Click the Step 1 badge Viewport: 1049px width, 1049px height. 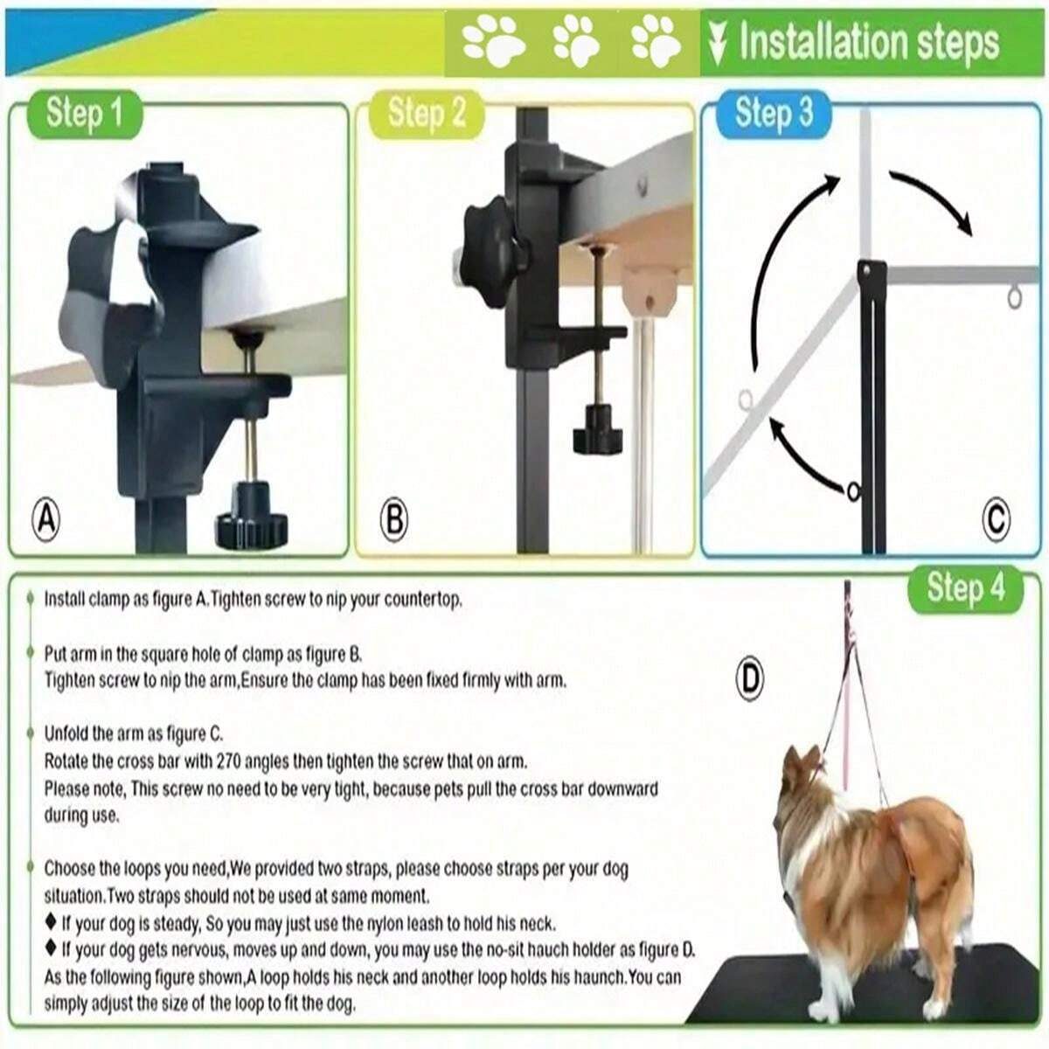(x=85, y=115)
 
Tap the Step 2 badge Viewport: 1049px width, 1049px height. (x=427, y=115)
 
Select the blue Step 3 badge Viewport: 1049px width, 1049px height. (x=774, y=114)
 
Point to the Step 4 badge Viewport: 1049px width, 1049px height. (x=966, y=590)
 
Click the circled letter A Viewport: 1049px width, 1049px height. (x=46, y=521)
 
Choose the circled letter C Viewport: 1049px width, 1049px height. (x=997, y=521)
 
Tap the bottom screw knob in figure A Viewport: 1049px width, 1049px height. (x=252, y=517)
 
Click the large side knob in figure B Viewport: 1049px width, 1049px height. (x=494, y=253)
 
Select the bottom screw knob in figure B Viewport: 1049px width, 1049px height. (x=597, y=430)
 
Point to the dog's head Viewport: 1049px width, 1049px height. (x=802, y=773)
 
